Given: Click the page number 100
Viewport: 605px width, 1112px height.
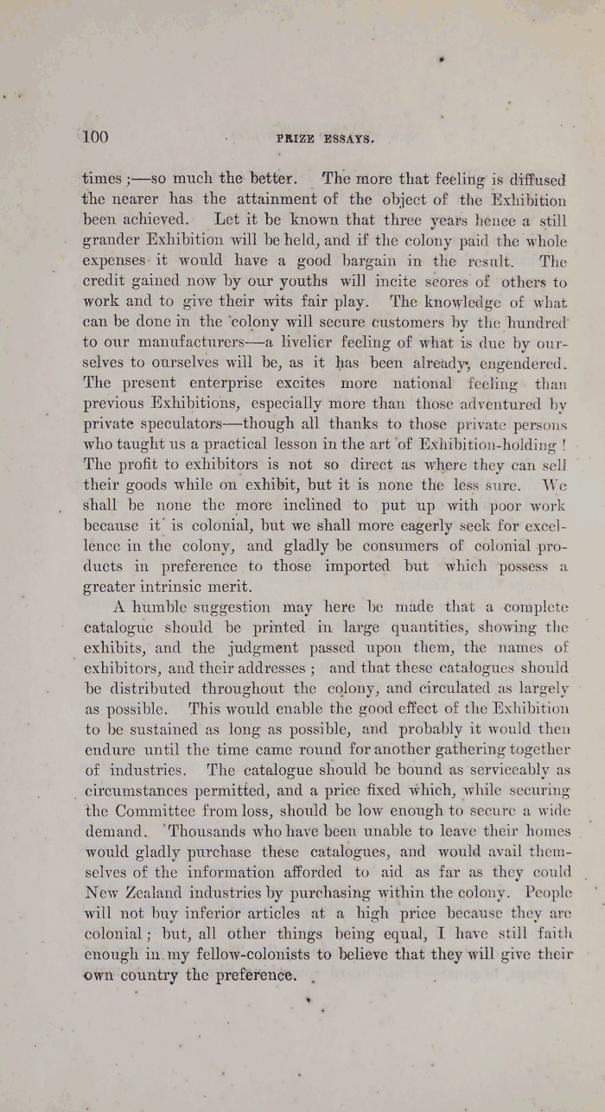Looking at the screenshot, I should (x=94, y=137).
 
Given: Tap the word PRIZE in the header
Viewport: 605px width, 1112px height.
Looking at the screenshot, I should (x=294, y=138).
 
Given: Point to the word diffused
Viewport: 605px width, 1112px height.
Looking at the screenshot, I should (x=536, y=181).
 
